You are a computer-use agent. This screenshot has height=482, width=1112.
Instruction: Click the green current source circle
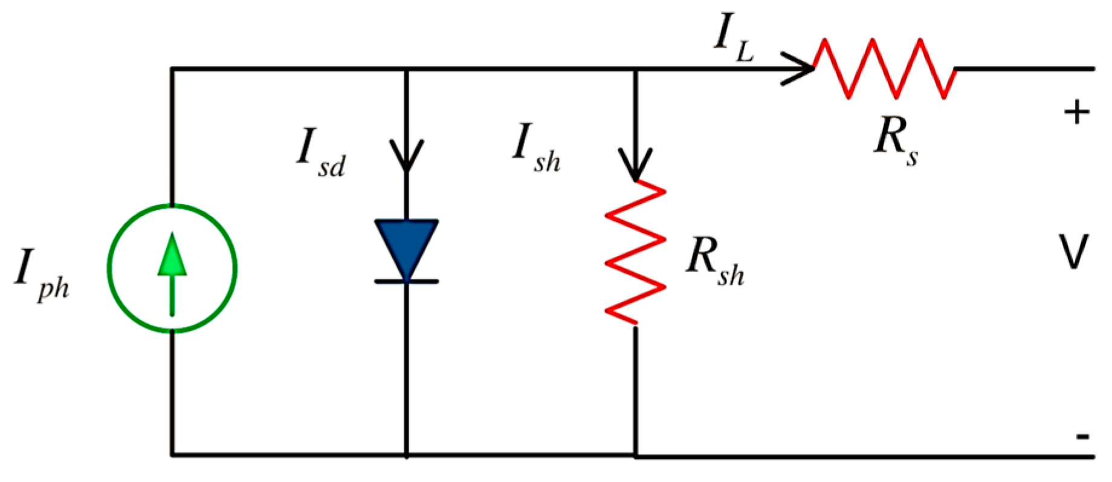pos(109,269)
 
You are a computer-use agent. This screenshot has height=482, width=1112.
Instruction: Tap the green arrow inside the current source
pos(172,272)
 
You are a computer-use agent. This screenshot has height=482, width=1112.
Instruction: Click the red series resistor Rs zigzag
pos(884,68)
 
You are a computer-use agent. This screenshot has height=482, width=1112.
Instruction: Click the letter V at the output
pos(1074,252)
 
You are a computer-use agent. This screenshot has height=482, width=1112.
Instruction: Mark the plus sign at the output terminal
pos(1077,112)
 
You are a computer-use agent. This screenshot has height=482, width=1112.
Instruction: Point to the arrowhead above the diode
pos(406,156)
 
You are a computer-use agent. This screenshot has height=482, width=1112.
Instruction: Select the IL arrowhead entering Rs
pos(799,68)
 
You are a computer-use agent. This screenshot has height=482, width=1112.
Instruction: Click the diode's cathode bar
pos(406,282)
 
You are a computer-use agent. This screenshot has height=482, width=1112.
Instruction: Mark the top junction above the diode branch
pos(406,69)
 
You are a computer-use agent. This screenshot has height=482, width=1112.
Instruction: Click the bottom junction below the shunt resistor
pos(635,455)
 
